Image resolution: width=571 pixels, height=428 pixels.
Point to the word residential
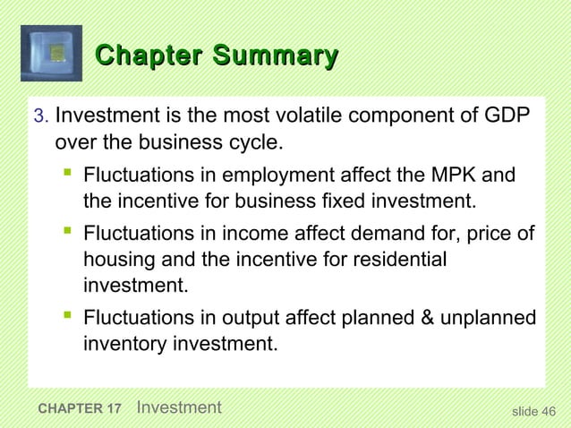click(x=396, y=261)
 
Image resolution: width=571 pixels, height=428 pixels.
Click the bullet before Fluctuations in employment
click(x=67, y=170)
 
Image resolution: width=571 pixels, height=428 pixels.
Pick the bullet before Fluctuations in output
click(x=67, y=316)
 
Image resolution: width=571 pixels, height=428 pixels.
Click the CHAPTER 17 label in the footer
click(x=81, y=410)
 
